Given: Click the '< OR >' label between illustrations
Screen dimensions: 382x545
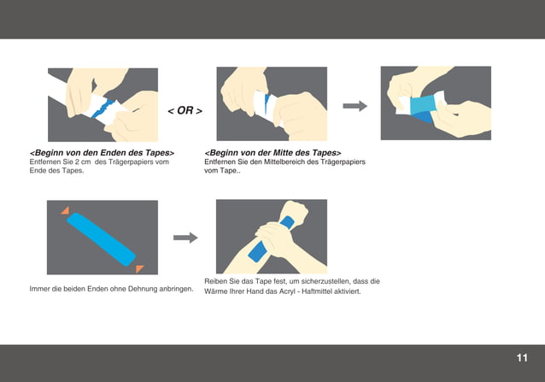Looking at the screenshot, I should point(185,111).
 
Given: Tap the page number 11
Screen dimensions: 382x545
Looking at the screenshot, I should point(521,357).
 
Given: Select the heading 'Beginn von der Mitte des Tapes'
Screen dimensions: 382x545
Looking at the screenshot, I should point(272,152).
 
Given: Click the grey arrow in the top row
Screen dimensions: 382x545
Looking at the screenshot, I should point(355,106).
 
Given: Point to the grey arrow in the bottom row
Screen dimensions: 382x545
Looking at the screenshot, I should point(185,238).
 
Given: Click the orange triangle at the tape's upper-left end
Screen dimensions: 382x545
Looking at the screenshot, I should point(65,210).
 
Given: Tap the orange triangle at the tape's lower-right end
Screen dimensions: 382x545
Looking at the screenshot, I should point(139,267).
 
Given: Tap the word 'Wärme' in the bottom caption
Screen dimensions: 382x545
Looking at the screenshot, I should point(216,291).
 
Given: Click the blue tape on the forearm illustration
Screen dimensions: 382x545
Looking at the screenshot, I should point(256,252).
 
